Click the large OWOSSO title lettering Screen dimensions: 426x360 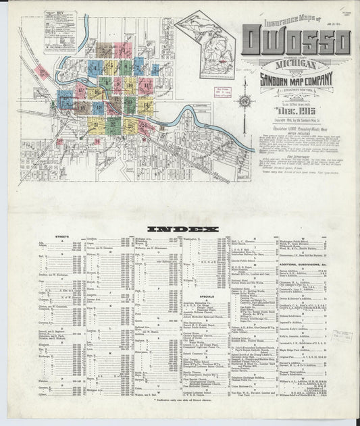coord(295,42)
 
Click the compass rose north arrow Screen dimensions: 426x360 coord(245,101)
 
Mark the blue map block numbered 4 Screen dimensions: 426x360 coord(95,68)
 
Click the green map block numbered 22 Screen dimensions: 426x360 coord(113,124)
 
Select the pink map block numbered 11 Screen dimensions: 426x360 coord(146,86)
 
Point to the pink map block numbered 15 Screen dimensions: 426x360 coord(80,90)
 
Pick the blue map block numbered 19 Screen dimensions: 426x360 coord(95,106)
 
